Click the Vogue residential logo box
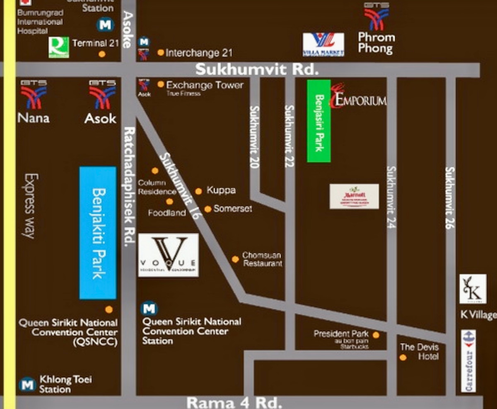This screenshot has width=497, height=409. tap(168, 255)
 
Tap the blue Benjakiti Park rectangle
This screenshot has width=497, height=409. tap(98, 233)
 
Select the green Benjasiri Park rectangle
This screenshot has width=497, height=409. tap(318, 121)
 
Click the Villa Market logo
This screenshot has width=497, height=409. tap(323, 44)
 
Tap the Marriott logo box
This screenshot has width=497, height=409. tap(354, 196)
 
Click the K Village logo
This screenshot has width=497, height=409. tap(473, 289)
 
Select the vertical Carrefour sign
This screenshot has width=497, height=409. tap(468, 361)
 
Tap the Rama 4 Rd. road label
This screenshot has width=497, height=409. tap(234, 402)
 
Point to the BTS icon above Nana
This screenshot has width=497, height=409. tap(34, 95)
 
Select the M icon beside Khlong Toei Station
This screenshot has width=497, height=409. tap(27, 385)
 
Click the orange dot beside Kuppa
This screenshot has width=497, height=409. tap(198, 191)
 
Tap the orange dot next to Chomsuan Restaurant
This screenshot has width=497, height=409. tap(235, 259)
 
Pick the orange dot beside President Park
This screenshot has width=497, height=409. tap(376, 335)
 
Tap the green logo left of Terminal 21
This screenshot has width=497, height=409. tap(58, 47)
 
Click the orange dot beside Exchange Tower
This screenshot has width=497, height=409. tap(161, 85)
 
